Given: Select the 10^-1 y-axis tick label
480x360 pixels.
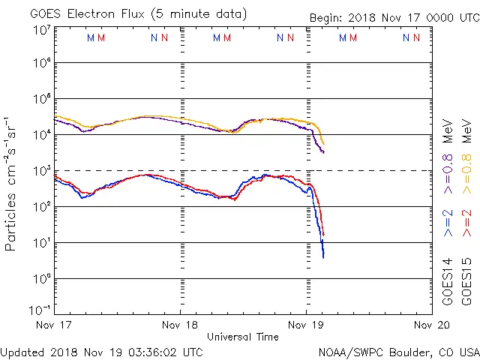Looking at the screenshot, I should (x=40, y=309).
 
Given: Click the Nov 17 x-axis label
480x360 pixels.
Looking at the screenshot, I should (x=55, y=325).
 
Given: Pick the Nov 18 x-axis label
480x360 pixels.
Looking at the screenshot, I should (x=180, y=325).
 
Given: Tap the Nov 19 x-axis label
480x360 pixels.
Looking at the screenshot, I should (x=306, y=325).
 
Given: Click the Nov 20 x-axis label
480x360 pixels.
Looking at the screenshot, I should (x=432, y=325).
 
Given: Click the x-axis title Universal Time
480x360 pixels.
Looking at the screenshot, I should (x=242, y=337).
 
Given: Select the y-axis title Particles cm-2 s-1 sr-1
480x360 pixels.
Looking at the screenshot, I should (x=11, y=183).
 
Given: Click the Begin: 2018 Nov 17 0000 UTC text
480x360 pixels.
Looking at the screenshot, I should (x=393, y=17).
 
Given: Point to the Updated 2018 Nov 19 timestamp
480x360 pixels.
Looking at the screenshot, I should (x=101, y=351).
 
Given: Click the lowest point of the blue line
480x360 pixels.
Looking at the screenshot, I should (x=323, y=257).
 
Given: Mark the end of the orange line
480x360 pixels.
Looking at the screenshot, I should (x=324, y=143).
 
